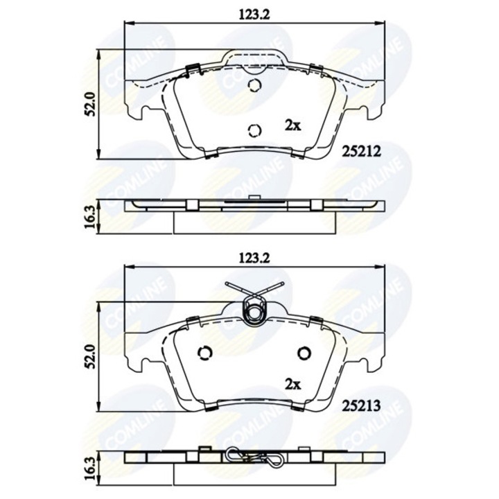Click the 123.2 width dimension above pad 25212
tap(254, 12)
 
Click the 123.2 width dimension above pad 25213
tap(254, 257)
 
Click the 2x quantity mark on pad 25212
tap(292, 125)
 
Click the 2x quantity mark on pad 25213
tap(292, 383)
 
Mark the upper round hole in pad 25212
tap(254, 86)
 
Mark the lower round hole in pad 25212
tap(254, 130)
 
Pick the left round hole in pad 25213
tap(204, 352)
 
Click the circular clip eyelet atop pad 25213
tap(254, 313)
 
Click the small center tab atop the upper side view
tap(254, 200)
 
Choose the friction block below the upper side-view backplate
tap(254, 220)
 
